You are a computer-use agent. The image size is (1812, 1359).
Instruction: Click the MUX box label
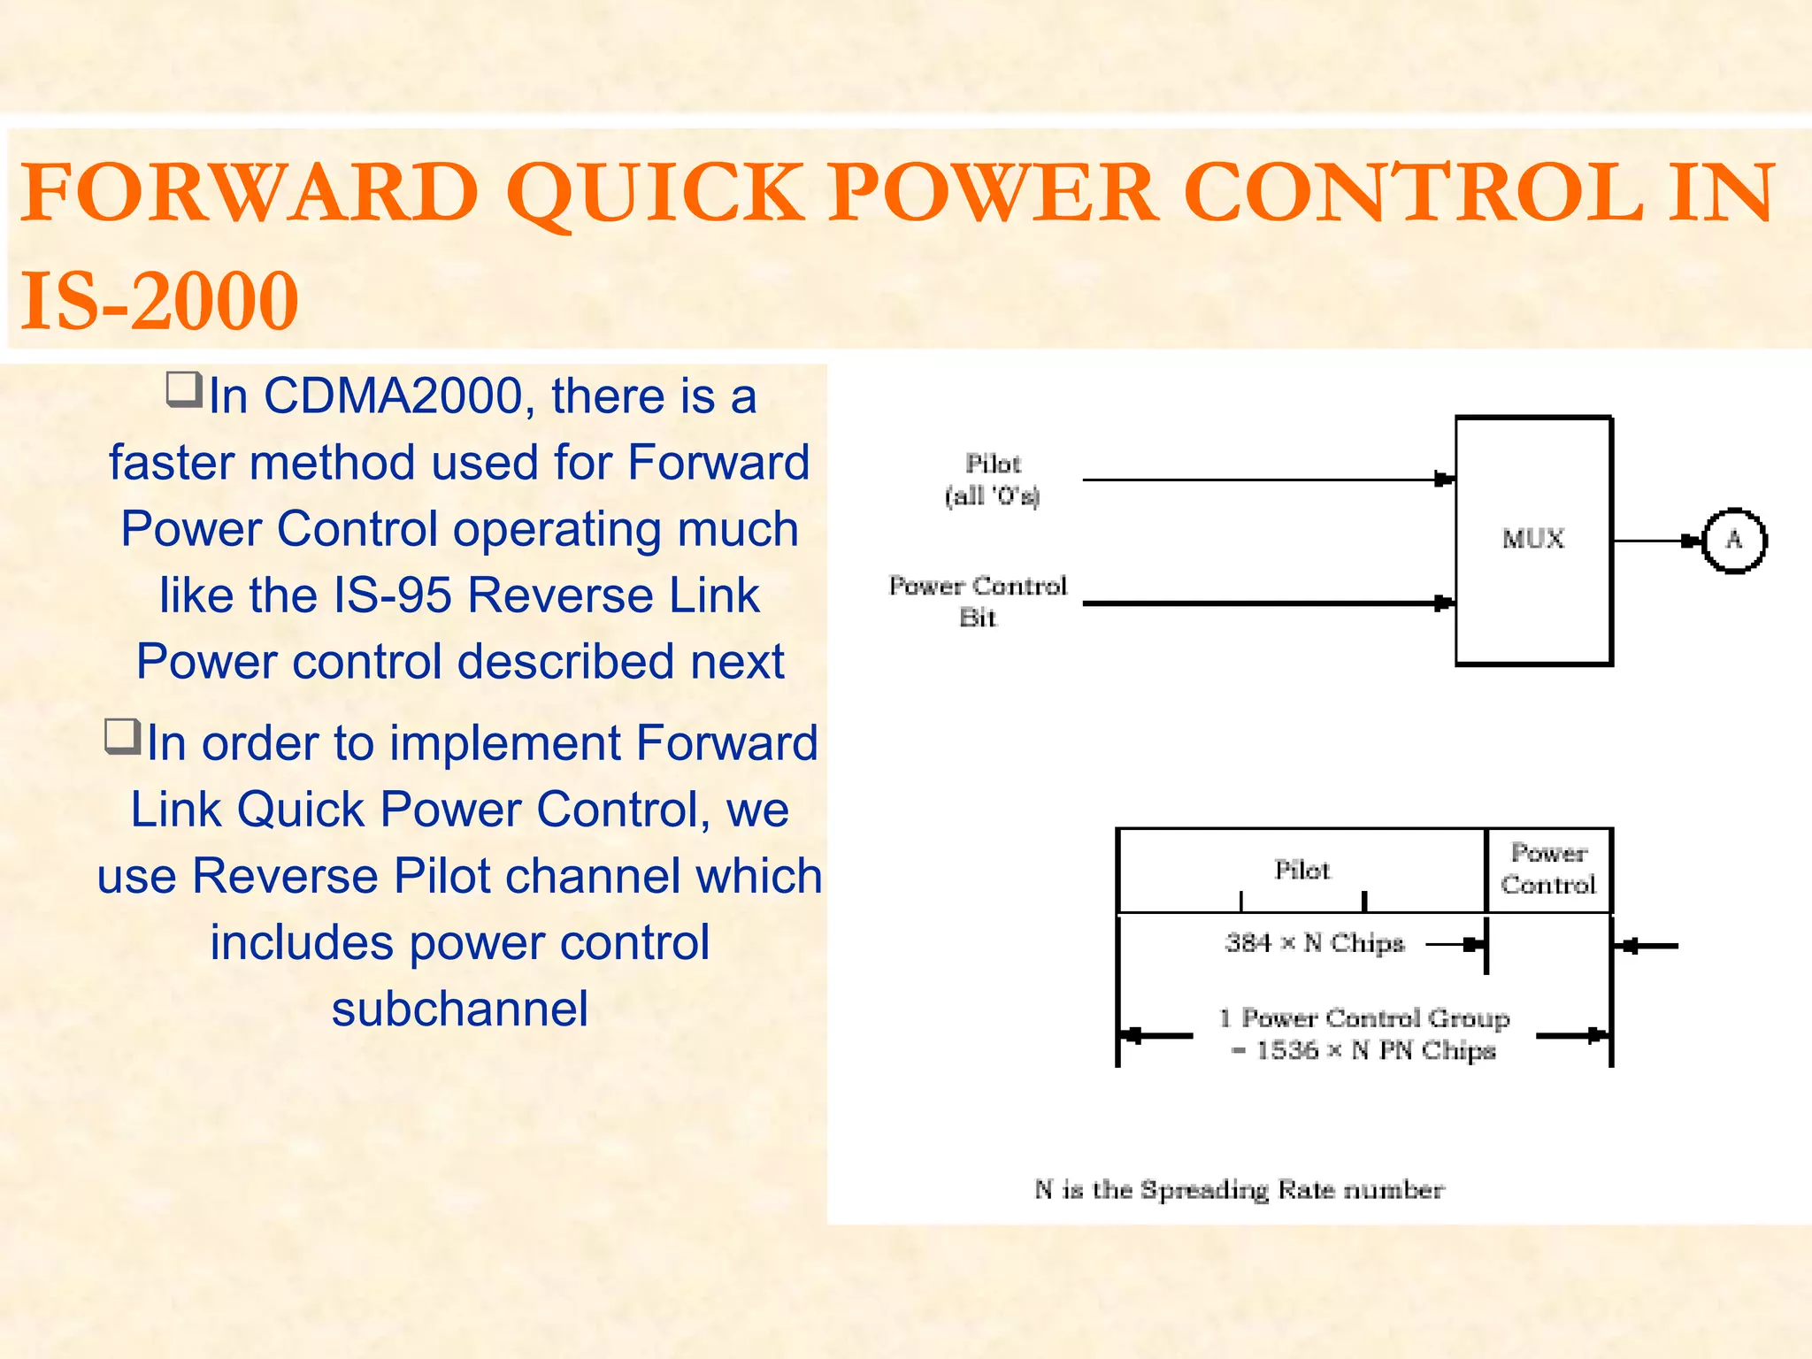coord(1532,538)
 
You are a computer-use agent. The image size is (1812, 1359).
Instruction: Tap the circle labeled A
coord(1733,540)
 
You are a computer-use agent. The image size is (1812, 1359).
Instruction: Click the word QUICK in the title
coord(655,192)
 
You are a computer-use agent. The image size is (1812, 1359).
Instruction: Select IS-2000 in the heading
coord(159,301)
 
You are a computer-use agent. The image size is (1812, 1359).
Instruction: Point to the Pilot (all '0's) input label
coord(993,479)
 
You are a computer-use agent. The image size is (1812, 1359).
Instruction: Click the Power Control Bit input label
coord(978,601)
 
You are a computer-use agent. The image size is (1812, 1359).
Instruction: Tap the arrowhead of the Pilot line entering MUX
coord(1444,480)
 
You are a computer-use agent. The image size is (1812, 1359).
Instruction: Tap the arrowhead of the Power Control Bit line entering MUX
coord(1444,603)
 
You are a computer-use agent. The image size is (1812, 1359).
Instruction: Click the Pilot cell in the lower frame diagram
coord(1301,870)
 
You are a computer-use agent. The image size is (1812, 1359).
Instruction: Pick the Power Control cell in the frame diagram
coord(1548,869)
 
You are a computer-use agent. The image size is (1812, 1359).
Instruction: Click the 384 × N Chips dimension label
coord(1315,943)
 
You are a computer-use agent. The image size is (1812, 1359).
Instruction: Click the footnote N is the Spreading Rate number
coord(1239,1189)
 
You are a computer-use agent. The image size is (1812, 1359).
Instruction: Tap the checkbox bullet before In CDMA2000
coord(184,389)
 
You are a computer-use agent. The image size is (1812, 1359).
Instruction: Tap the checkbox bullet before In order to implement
coord(122,735)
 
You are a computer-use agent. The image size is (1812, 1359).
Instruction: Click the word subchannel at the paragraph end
coord(459,1009)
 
